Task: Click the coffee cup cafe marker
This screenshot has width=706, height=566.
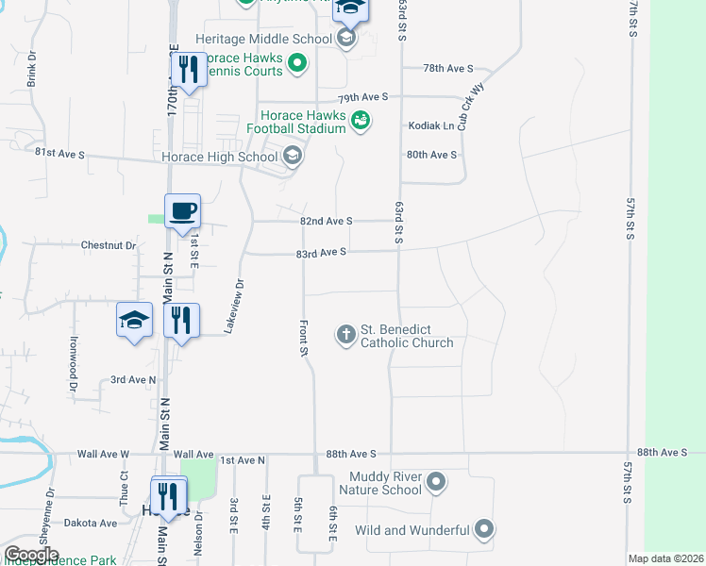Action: (182, 210)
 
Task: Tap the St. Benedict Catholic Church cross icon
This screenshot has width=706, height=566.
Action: (346, 334)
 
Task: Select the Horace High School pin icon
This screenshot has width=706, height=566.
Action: (292, 156)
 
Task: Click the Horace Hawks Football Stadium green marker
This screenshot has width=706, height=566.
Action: (360, 120)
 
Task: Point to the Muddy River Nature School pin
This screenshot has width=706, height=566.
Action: (436, 483)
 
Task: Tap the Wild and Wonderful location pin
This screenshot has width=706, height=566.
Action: (484, 530)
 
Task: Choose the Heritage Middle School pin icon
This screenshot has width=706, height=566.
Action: (346, 39)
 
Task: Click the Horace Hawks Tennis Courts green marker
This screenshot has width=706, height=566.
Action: (297, 64)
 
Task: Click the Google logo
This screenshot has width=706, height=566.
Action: (31, 555)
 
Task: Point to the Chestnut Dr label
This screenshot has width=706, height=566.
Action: (109, 245)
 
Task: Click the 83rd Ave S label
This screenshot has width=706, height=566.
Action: (322, 253)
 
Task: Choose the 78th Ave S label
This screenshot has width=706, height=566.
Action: (447, 69)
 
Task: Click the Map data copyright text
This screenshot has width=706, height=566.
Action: (666, 558)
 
